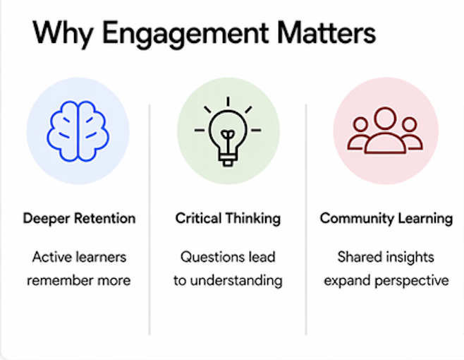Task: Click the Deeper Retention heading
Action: click(x=79, y=218)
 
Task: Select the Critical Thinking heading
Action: click(x=228, y=218)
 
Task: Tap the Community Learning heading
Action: click(x=386, y=218)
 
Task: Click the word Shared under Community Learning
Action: click(x=360, y=257)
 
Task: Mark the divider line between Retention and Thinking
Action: click(x=149, y=219)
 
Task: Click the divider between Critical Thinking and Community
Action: click(x=306, y=219)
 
